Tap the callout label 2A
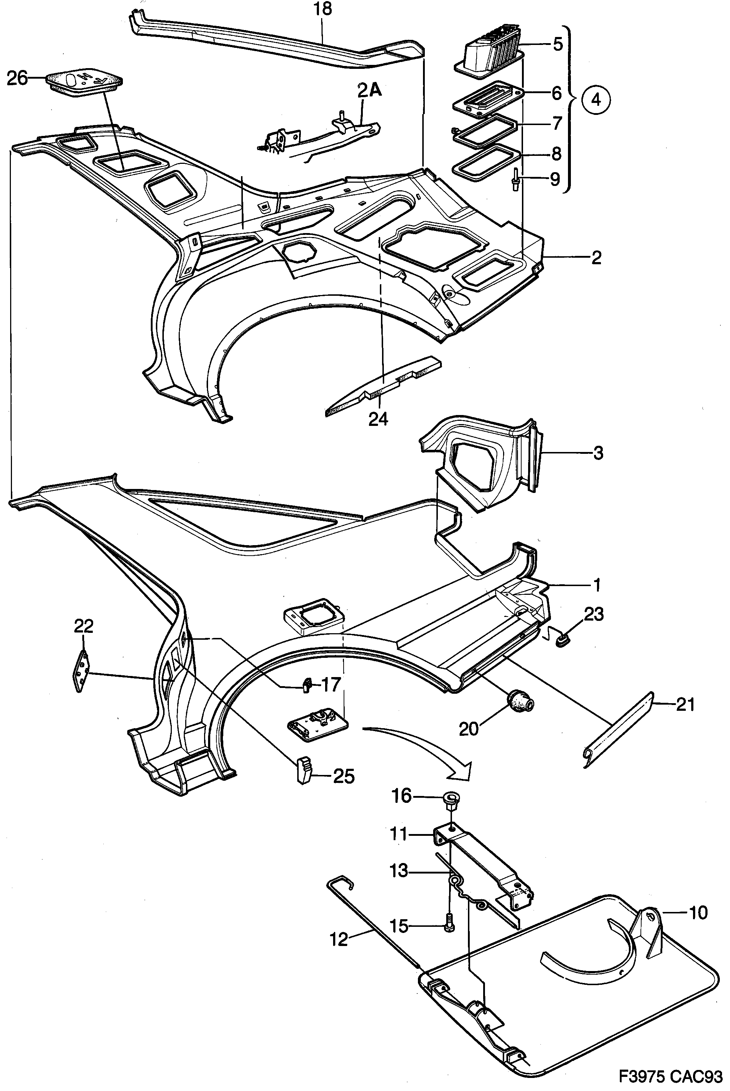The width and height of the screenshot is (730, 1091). [370, 90]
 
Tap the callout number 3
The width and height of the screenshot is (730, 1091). [598, 453]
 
